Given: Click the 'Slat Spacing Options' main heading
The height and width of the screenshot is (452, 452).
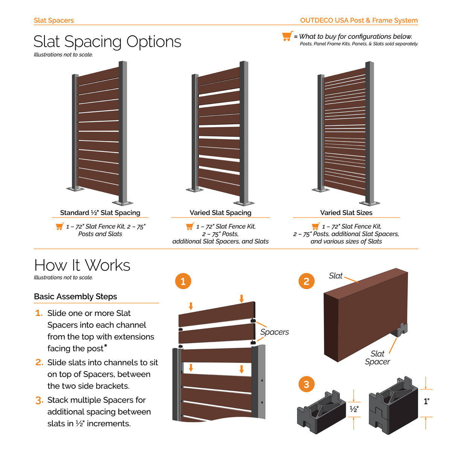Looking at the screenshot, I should [107, 42].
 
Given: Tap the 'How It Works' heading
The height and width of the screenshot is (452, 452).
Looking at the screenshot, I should [82, 265].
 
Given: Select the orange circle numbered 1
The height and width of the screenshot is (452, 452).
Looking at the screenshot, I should [183, 281].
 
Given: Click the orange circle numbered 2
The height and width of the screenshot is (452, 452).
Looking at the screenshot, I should [306, 281].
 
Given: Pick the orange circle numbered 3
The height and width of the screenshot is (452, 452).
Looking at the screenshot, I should [306, 384].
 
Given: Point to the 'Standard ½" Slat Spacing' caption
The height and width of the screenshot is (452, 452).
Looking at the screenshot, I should [100, 213].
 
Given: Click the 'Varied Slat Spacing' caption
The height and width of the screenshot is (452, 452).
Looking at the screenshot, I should [220, 213].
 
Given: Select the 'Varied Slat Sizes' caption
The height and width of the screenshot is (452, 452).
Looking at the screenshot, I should [346, 213].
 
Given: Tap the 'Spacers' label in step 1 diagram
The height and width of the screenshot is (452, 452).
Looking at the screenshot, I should [275, 332].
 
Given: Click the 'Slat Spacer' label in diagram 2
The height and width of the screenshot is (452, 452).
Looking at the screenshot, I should [377, 358].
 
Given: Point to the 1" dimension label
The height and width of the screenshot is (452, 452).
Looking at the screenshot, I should [426, 402].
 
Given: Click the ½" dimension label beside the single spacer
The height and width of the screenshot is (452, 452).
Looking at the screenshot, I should [354, 409].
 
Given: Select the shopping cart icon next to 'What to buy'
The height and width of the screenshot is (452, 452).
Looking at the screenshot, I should [287, 36].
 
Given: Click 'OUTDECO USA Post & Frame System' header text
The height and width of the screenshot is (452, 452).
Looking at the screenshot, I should [359, 20].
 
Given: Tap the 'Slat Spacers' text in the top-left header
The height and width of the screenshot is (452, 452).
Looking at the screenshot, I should [54, 20].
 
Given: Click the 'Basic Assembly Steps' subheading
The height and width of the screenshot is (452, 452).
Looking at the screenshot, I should [75, 297].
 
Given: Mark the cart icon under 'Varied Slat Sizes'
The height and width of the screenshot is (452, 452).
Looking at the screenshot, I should [316, 226].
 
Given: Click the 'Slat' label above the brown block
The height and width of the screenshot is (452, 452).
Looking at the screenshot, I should [336, 276].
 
